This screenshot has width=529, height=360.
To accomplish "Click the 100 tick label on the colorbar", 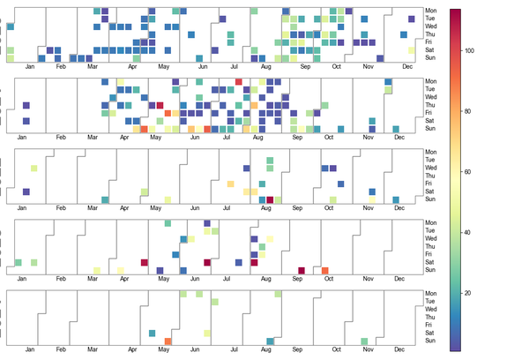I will click(470, 51).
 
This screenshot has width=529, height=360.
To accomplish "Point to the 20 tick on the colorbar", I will click(470, 292).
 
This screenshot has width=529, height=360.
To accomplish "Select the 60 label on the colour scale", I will click(470, 172).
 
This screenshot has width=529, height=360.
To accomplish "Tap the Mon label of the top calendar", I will click(430, 11).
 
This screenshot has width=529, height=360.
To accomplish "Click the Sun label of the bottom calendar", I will click(430, 341).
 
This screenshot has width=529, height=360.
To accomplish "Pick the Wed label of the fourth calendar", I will click(430, 238).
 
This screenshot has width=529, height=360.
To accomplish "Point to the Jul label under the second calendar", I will click(235, 138).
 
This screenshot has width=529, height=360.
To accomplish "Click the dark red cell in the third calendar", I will click(270, 199).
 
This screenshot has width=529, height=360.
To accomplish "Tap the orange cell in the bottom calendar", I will click(168, 341).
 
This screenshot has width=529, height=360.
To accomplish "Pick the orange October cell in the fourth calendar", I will click(325, 270).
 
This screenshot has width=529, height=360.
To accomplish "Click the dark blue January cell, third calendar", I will click(26, 191).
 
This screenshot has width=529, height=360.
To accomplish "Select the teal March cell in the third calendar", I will click(105, 199).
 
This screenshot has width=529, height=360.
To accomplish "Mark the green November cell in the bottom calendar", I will click(364, 341).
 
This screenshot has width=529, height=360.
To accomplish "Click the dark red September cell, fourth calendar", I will click(302, 270).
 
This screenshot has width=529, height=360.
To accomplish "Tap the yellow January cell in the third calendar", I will click(34, 168).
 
